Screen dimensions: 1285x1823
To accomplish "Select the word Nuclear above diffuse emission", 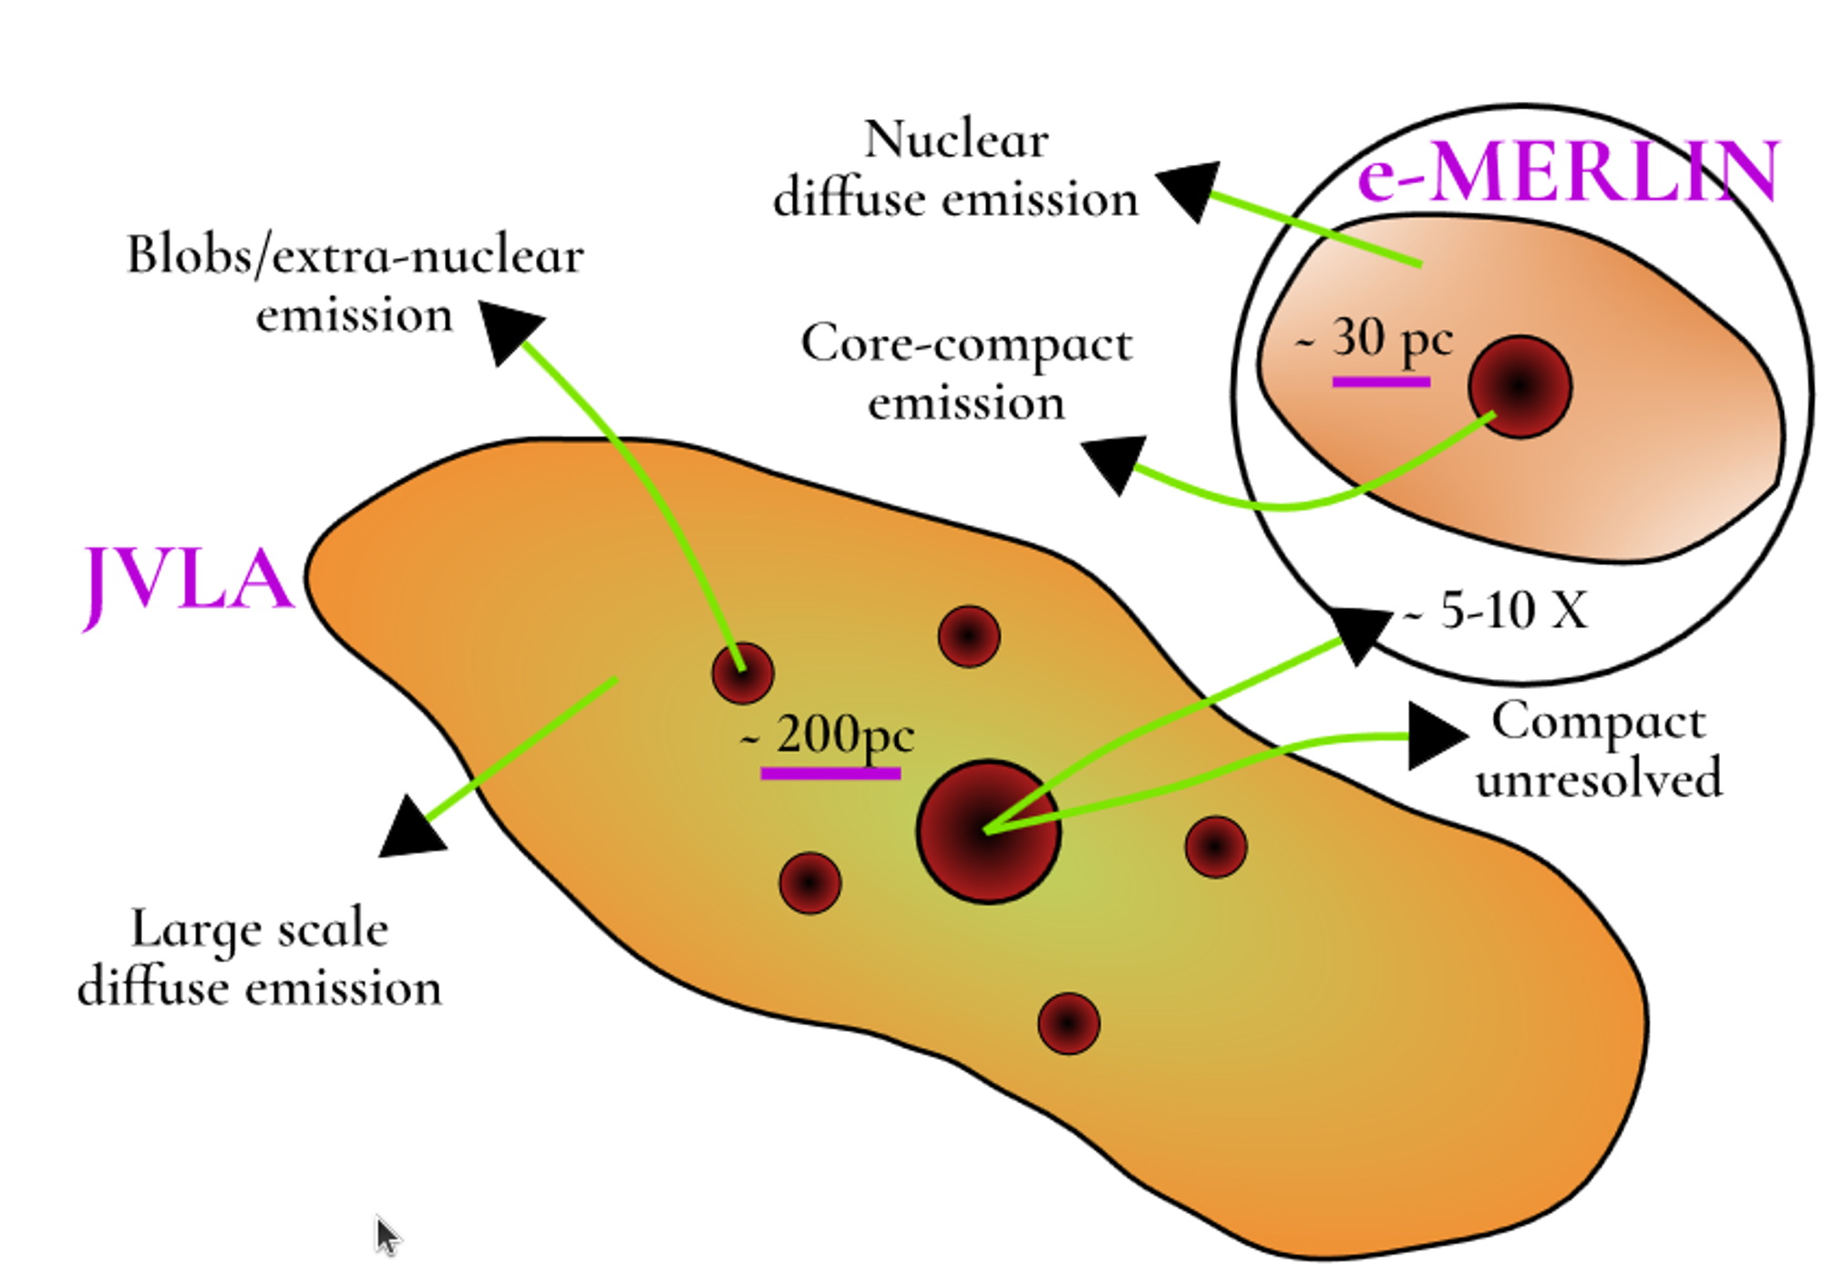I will point(956,140).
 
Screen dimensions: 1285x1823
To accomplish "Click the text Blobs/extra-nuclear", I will point(355,255).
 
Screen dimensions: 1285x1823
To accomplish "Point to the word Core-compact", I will point(966,344).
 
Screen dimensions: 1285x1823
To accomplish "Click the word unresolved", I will point(1599,780).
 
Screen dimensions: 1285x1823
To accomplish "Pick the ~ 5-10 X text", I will point(1499,610).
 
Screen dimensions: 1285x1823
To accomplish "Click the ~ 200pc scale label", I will point(829,734).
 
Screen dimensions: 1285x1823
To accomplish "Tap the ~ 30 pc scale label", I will point(1376,339).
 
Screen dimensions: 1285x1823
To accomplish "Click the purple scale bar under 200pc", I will point(830,774).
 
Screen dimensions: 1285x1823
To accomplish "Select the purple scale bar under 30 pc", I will point(1381,382).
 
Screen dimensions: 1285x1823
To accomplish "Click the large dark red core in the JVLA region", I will point(988,831).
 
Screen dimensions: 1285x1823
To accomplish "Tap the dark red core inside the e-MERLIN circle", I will point(1519,386).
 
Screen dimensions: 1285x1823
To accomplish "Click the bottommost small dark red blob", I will point(1068,1023).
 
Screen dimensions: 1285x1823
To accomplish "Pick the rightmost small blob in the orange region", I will point(1216,847).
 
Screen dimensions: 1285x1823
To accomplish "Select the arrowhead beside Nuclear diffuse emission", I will point(1189,188).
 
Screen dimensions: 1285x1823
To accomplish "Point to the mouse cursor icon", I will point(386,1235).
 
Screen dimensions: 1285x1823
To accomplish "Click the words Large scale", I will point(260,930).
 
